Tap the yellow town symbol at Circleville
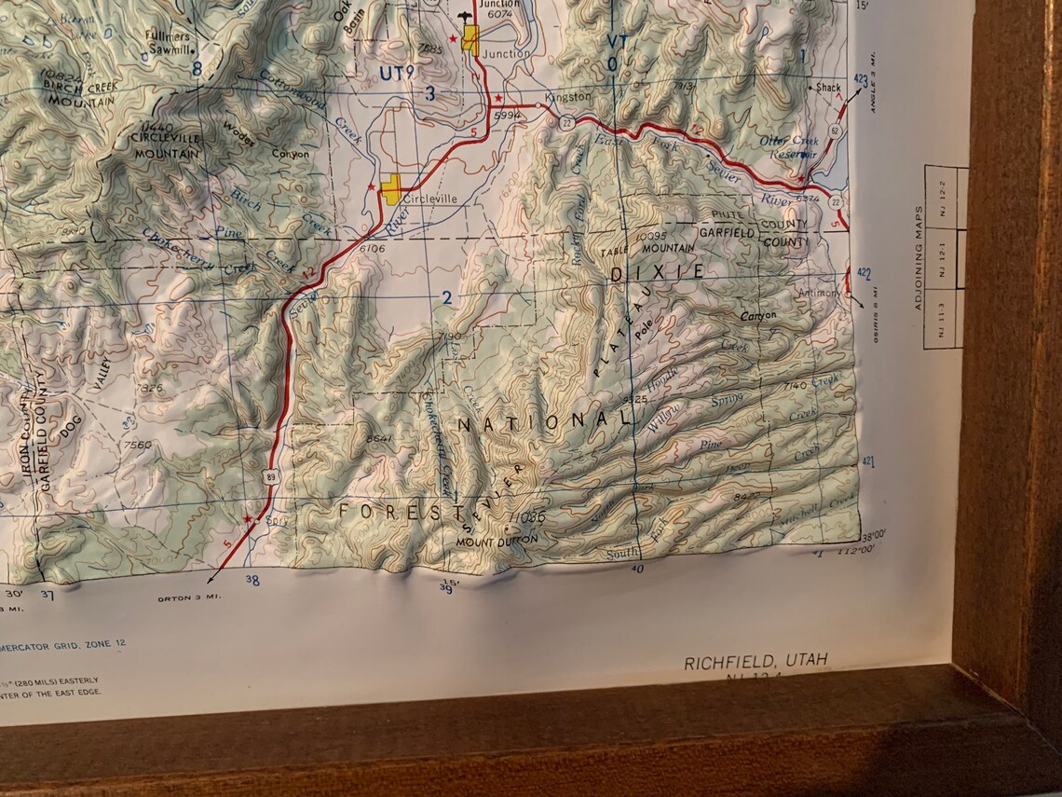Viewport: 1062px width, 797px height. pos(392,188)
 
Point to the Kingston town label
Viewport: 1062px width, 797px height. pos(568,97)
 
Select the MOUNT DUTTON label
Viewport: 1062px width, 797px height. pos(497,540)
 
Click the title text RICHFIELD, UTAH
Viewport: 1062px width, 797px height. pos(756,662)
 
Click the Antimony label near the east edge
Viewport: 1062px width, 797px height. pos(820,293)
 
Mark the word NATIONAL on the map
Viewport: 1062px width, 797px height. pos(544,421)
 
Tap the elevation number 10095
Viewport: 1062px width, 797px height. pos(651,236)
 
